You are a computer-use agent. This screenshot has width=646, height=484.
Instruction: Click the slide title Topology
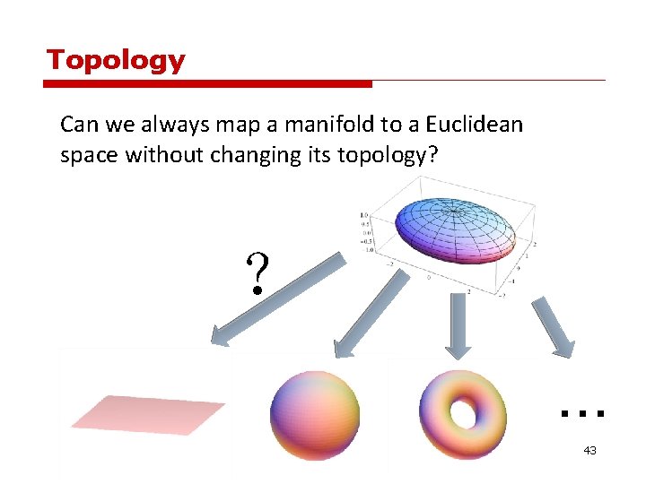pos(116,60)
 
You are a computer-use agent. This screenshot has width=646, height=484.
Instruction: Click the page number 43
pos(589,450)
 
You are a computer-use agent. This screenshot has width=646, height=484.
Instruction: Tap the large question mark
pos(257,274)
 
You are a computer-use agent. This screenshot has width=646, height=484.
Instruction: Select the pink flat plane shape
pos(148,414)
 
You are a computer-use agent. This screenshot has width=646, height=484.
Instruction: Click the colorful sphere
pos(314,415)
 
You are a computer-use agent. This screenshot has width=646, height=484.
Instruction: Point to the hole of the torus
pos(464,414)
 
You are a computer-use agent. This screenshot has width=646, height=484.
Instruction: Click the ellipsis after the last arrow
pos(581,413)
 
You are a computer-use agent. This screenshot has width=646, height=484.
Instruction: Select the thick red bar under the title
pos(207,84)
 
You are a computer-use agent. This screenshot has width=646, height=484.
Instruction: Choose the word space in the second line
pos(90,155)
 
